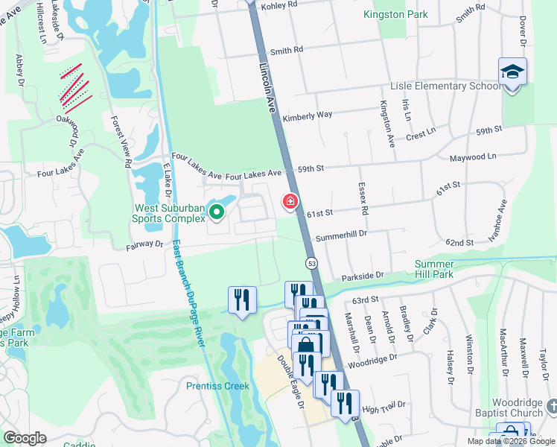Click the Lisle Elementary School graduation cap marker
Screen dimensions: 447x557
512,72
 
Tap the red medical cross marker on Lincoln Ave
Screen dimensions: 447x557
290,201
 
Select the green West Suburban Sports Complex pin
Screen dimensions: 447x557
217,213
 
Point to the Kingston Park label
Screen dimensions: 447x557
395,15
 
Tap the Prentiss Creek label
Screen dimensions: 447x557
217,386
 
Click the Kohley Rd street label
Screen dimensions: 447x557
280,4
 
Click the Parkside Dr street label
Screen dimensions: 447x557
362,276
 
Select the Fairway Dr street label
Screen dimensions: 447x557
144,243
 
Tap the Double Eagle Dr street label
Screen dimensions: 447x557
291,381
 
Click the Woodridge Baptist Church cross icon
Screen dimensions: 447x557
552,406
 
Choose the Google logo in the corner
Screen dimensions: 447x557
25,438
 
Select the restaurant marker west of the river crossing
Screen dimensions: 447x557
242,300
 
